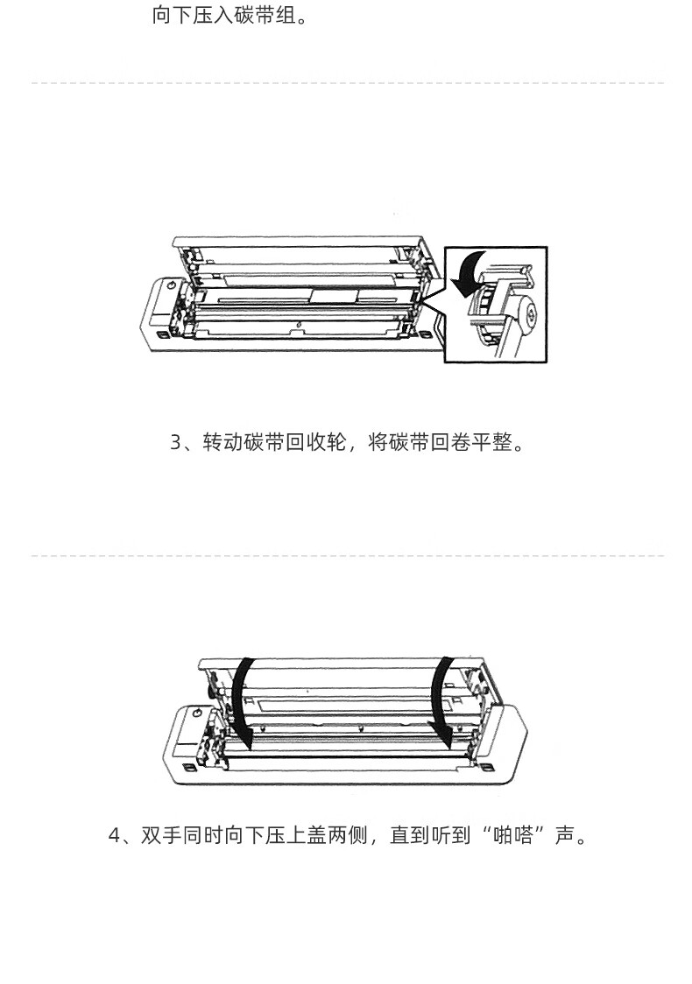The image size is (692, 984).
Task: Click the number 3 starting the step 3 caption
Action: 175,443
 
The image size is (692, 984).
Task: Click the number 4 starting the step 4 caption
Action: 114,836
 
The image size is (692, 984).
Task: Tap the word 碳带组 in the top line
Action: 265,15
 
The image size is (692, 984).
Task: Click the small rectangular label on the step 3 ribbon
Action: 334,296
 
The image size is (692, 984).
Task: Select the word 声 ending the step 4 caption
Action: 565,836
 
